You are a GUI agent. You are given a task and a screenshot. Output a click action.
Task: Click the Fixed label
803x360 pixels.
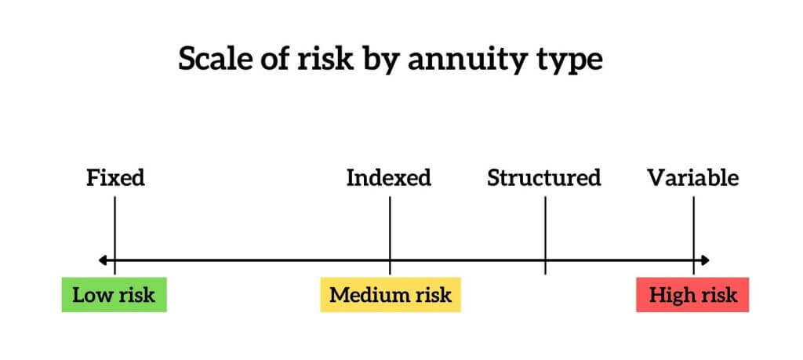click(x=116, y=178)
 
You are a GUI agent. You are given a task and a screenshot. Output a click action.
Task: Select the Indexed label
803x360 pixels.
click(x=389, y=178)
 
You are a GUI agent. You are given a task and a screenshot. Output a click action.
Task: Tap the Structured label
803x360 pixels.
click(x=544, y=178)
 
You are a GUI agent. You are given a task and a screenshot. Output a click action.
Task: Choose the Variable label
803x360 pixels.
click(x=693, y=178)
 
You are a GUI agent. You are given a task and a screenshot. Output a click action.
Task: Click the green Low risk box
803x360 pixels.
click(x=114, y=294)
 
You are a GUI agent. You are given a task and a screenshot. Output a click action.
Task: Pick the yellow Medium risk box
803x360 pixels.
click(x=391, y=294)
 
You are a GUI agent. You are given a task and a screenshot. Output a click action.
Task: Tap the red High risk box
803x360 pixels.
click(x=692, y=294)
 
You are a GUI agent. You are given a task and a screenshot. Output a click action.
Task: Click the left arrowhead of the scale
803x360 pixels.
click(x=103, y=260)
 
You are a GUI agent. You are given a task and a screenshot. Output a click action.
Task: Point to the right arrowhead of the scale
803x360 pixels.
click(x=705, y=260)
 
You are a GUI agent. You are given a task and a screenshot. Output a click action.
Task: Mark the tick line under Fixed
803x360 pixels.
click(x=114, y=235)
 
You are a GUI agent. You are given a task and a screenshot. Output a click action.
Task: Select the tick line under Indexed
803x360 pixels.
click(x=390, y=235)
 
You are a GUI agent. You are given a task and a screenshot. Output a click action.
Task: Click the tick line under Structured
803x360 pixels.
click(x=546, y=235)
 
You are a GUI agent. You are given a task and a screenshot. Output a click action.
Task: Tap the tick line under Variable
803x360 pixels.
click(x=694, y=235)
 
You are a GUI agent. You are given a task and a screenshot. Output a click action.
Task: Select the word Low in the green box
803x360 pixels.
click(x=90, y=295)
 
